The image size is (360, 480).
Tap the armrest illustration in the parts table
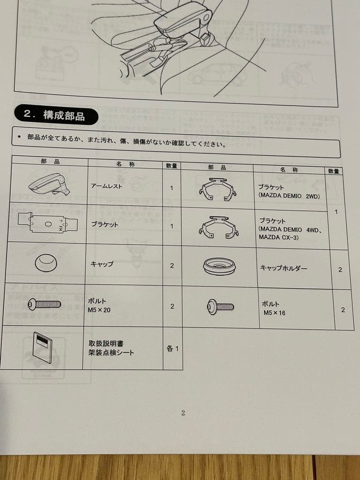coord(49,183)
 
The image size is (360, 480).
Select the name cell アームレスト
coord(107,186)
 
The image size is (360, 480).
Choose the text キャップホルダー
coord(283,268)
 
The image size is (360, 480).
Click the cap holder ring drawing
coord(219,267)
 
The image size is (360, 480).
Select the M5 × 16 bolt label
coord(274,313)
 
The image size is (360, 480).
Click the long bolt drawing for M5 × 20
coord(44,304)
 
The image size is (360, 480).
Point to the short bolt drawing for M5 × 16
coord(220,307)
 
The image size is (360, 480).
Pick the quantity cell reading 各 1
coord(172,348)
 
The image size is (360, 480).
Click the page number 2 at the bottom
coord(183,413)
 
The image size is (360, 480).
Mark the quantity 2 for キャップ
coord(172,265)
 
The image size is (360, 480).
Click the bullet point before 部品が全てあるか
coord(19,137)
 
